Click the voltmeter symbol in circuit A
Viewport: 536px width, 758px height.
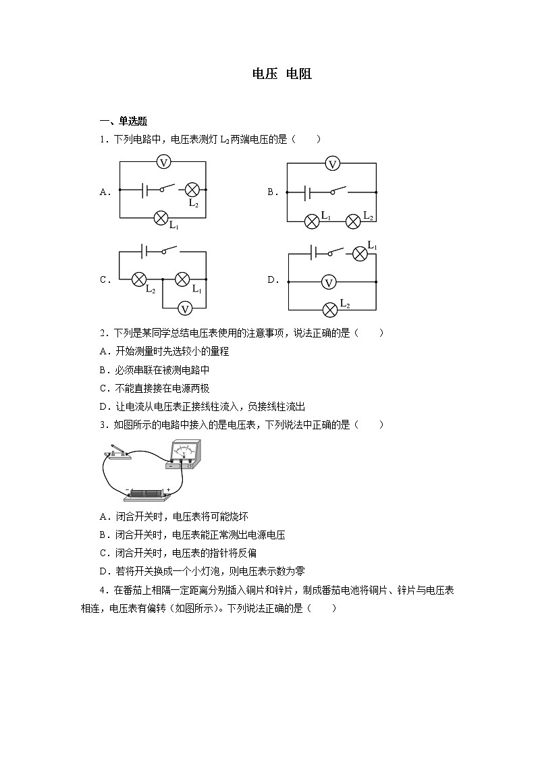click(x=163, y=162)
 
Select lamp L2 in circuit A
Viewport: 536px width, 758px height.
click(x=192, y=190)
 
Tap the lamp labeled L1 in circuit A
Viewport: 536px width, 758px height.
click(x=161, y=217)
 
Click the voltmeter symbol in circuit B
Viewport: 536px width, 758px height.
click(x=331, y=163)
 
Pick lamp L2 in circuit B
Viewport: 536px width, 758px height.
click(x=354, y=221)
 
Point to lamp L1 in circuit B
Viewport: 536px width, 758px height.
click(x=311, y=221)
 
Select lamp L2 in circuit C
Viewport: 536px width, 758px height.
click(x=140, y=279)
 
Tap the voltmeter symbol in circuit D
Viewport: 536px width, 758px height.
click(x=329, y=282)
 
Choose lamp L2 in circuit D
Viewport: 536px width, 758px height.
click(x=330, y=309)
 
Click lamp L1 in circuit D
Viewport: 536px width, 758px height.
click(x=360, y=254)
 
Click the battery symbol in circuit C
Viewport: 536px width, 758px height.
click(x=144, y=252)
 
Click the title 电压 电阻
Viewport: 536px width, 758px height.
click(x=282, y=74)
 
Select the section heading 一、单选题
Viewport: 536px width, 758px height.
click(x=124, y=121)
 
